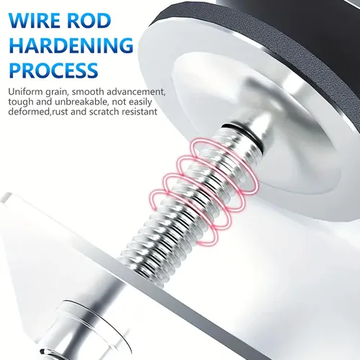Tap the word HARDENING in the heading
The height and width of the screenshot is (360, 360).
(x=71, y=45)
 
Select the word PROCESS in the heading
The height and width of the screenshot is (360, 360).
(x=54, y=69)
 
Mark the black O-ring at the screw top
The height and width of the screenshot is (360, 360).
(x=243, y=135)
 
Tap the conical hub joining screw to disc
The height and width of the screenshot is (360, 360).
(x=254, y=120)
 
